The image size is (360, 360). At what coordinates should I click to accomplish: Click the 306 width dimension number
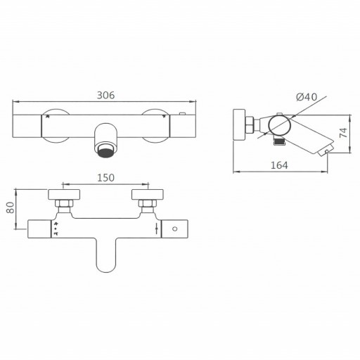105,95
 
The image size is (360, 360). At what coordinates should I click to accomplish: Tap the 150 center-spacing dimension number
105,179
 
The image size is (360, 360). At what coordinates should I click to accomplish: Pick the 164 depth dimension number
279,166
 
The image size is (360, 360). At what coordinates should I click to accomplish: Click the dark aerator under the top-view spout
106,148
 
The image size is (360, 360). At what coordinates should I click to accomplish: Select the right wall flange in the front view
148,194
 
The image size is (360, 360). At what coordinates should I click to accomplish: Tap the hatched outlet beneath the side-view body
278,143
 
